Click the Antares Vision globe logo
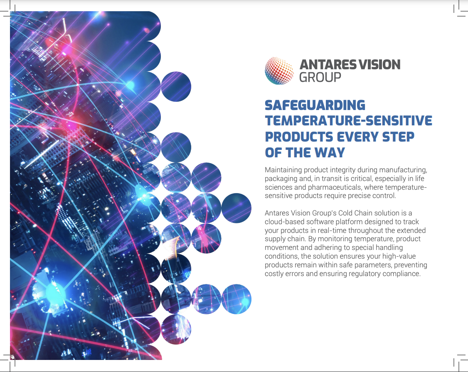(279, 71)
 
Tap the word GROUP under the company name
(320, 77)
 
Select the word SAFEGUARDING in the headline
(315, 105)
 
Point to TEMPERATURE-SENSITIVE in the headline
(348, 121)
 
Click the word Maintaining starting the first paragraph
(283, 170)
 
